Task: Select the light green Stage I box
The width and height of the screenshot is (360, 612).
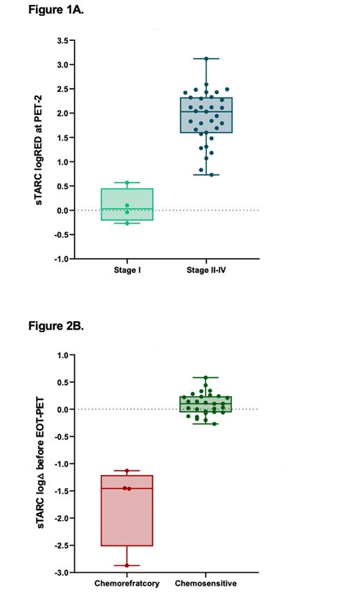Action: coord(127,204)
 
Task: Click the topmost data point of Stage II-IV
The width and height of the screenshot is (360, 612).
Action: coord(206,59)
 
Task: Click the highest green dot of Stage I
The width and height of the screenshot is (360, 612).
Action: coord(127,183)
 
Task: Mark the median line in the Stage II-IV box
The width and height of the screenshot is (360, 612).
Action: coord(206,111)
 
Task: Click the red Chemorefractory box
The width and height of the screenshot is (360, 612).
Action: coord(127,511)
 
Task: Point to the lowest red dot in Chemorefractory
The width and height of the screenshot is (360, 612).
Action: coord(127,566)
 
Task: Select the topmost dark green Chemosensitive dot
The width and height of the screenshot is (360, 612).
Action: coord(206,378)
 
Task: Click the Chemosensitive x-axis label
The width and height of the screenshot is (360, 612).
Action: coord(206,584)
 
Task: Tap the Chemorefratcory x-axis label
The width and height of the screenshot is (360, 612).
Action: coord(127,584)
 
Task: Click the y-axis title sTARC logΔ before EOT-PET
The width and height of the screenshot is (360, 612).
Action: coord(42,463)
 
